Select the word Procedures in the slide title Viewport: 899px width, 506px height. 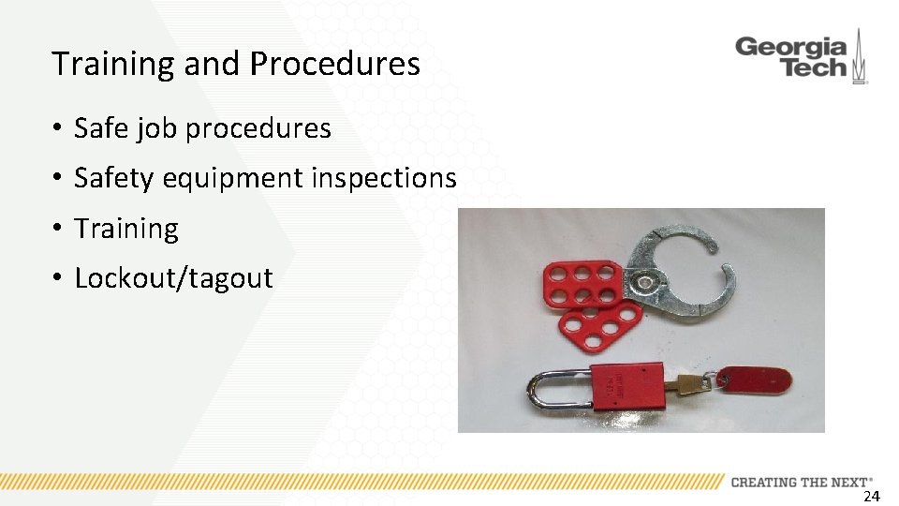pyautogui.click(x=334, y=65)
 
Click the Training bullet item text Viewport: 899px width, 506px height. pyautogui.click(x=125, y=229)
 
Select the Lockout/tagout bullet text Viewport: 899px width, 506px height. pyautogui.click(x=173, y=278)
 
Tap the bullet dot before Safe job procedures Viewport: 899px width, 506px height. pyautogui.click(x=57, y=128)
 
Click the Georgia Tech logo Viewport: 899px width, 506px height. pyautogui.click(x=801, y=58)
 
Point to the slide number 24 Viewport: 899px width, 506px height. pyautogui.click(x=871, y=496)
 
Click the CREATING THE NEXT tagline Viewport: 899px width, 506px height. pyautogui.click(x=801, y=482)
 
